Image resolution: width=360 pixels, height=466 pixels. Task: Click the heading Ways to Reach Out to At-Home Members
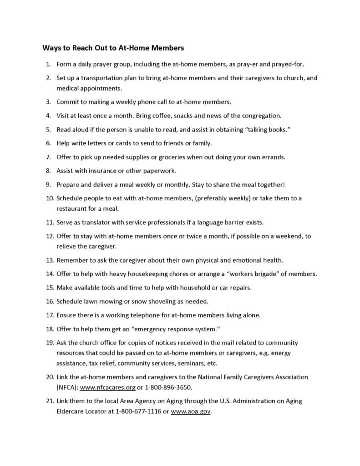[113, 47]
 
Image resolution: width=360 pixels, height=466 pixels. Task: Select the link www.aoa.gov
[191, 411]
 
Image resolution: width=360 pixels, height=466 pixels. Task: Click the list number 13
[50, 260]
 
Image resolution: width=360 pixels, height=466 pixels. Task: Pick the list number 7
[48, 157]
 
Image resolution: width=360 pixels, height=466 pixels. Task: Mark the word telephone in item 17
[140, 315]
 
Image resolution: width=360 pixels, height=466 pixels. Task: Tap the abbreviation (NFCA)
[67, 387]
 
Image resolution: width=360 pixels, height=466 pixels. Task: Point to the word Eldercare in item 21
[71, 411]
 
